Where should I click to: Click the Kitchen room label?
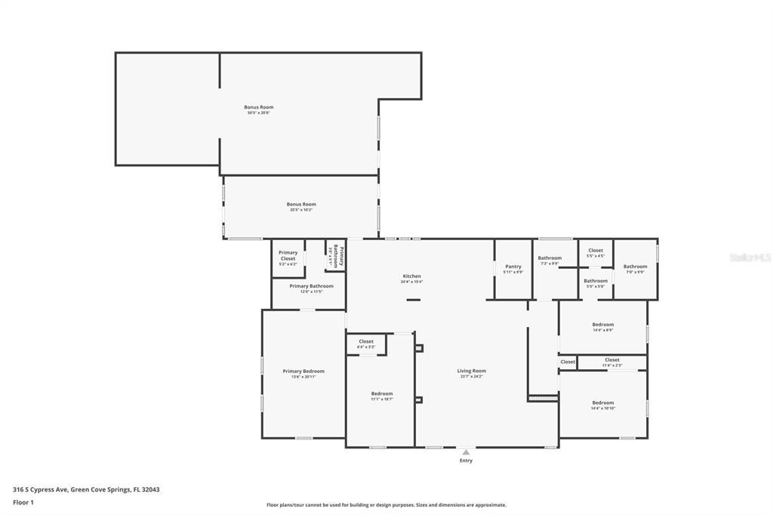pyautogui.click(x=411, y=276)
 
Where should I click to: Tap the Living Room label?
pyautogui.click(x=471, y=371)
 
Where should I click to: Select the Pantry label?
pyautogui.click(x=513, y=266)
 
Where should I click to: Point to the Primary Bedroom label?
pyautogui.click(x=303, y=371)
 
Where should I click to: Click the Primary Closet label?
pyautogui.click(x=288, y=255)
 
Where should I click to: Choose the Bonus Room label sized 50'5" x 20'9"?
pyautogui.click(x=258, y=107)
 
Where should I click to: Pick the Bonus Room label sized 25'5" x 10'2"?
pyautogui.click(x=300, y=204)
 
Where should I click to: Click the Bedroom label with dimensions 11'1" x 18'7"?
pyautogui.click(x=381, y=393)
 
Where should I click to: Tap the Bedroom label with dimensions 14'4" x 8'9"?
pyautogui.click(x=602, y=325)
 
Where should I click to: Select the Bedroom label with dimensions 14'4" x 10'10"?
pyautogui.click(x=602, y=402)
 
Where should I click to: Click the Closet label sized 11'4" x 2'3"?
pyautogui.click(x=611, y=360)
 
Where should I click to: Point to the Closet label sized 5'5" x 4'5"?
pyautogui.click(x=596, y=251)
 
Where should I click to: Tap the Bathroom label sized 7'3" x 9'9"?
pyautogui.click(x=550, y=258)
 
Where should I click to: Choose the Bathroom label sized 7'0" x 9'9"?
pyautogui.click(x=635, y=266)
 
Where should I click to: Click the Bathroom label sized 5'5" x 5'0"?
pyautogui.click(x=596, y=281)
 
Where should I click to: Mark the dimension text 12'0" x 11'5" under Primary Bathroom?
pyautogui.click(x=311, y=291)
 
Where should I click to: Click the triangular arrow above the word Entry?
pyautogui.click(x=467, y=452)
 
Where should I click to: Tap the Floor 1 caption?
pyautogui.click(x=23, y=501)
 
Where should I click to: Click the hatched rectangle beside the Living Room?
pyautogui.click(x=543, y=396)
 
